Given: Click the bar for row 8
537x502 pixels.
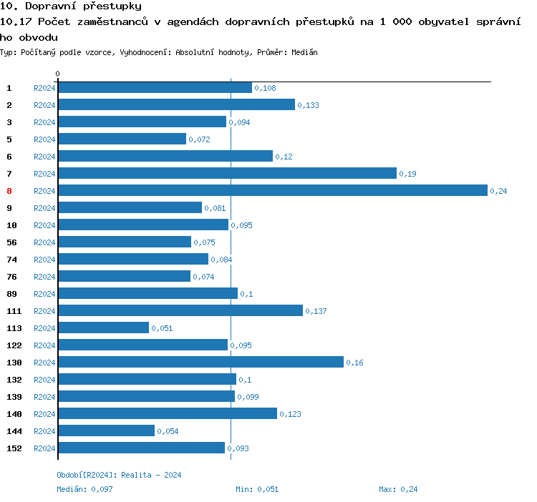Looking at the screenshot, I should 272,190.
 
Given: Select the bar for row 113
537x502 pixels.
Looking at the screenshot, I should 103,328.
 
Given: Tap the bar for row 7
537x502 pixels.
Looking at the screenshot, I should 227,173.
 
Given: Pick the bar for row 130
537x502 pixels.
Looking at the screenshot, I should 200,362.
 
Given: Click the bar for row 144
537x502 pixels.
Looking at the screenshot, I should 106,430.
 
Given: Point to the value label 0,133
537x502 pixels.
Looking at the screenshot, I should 309,105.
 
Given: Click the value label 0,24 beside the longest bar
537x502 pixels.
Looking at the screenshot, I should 498,191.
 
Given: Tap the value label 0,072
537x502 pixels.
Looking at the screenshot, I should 199,139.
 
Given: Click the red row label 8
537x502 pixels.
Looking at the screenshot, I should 9,191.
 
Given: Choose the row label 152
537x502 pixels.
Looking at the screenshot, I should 14,448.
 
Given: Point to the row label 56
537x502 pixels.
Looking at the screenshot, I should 11,242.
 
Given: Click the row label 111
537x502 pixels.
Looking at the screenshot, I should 14,311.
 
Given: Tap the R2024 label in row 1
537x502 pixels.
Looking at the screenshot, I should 44,88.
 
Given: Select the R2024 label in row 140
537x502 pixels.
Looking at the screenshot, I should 44,414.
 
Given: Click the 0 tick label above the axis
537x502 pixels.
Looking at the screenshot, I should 58,74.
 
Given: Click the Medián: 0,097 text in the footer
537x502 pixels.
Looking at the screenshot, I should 84,489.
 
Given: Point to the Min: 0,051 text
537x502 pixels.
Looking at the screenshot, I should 257,489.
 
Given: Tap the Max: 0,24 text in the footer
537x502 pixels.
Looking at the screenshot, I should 398,489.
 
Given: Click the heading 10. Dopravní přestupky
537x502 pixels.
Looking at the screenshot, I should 70,6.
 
